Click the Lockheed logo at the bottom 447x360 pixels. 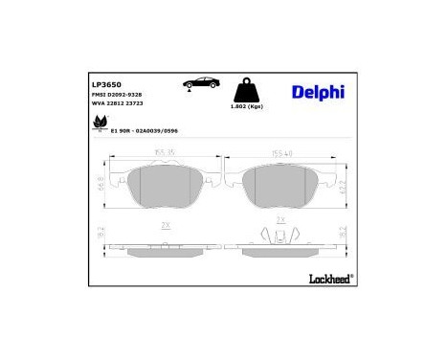[x=327, y=280]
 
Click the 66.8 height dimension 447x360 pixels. [x=101, y=183]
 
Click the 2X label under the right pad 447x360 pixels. [x=280, y=220]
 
